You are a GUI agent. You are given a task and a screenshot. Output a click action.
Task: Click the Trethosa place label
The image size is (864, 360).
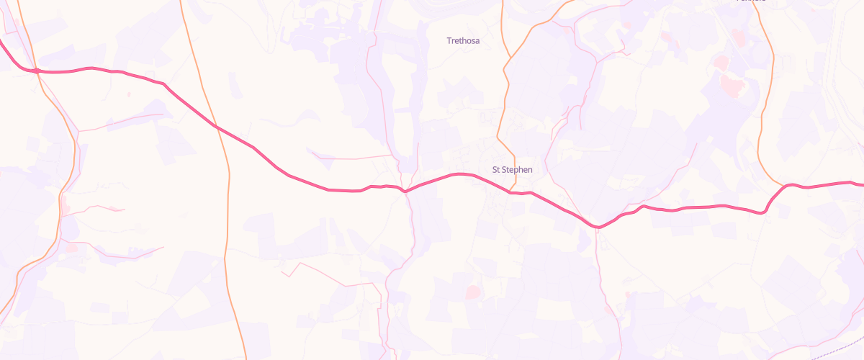[463, 41]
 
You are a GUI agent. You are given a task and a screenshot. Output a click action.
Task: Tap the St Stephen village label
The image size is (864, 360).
[512, 170]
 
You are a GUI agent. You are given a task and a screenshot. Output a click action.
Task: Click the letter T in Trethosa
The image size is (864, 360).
[449, 41]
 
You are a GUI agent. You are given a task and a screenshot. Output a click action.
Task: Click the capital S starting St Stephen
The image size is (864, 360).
[494, 170]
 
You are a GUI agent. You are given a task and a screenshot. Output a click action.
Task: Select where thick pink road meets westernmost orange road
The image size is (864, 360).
[35, 71]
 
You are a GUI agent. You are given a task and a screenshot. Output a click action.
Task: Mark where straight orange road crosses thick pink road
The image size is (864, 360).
[215, 125]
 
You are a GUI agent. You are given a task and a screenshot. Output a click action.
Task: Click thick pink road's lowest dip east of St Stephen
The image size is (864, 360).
[598, 228]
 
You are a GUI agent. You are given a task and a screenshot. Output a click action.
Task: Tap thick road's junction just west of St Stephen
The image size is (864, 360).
[406, 192]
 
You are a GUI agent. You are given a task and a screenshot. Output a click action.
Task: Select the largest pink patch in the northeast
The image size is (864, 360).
[731, 86]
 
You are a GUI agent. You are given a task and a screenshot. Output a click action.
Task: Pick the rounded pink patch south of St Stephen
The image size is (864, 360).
[472, 292]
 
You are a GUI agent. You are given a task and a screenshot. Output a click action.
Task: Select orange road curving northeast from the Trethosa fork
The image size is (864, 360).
[536, 25]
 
